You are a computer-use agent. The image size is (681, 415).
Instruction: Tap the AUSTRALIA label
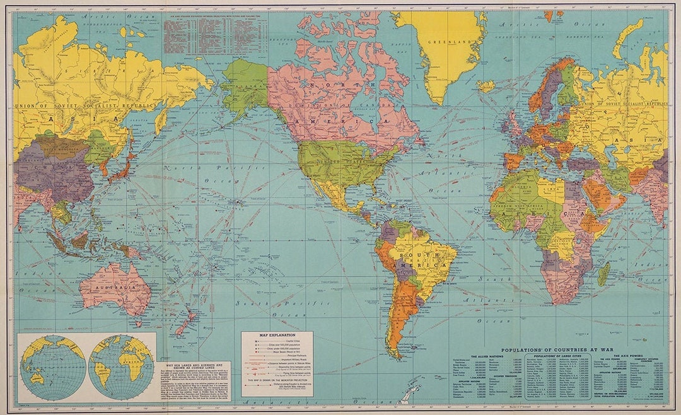tap(115, 288)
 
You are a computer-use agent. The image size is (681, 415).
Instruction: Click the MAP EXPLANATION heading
tap(277, 336)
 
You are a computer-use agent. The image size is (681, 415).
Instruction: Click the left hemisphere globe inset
tap(53, 366)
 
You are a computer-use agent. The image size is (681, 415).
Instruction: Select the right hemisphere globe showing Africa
tap(120, 366)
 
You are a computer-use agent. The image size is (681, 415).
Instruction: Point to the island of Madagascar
tap(603, 274)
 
